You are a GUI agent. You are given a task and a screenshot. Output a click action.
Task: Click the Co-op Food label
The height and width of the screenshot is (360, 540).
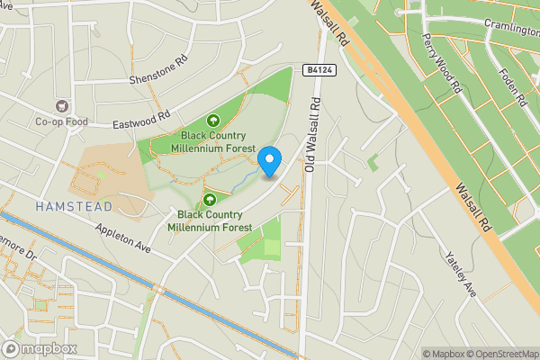[61, 122]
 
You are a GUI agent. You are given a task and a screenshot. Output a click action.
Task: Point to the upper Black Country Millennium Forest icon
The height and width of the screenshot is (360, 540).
[214, 120]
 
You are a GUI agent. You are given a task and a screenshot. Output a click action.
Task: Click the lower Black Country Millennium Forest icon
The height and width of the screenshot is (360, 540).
[209, 199]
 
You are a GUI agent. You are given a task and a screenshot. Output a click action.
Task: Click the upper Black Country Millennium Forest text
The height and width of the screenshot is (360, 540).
[213, 141]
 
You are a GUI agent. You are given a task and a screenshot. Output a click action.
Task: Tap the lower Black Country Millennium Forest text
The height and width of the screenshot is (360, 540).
[214, 220]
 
